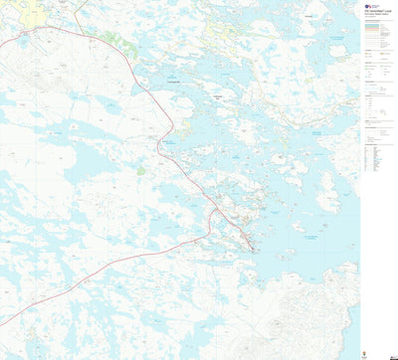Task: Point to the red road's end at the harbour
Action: point(253,249)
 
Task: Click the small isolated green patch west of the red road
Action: point(140,171)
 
